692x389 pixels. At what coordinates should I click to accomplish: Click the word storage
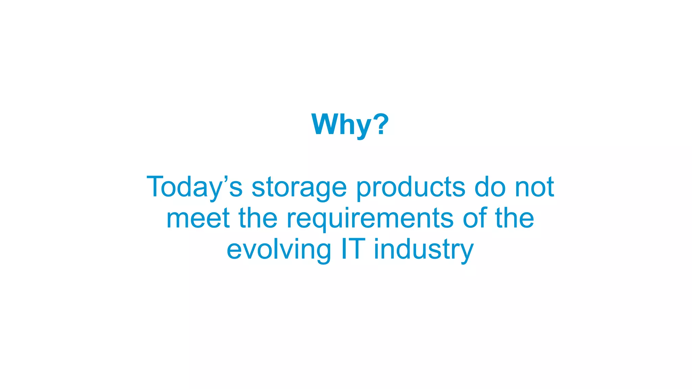299,187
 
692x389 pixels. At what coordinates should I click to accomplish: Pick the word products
411,187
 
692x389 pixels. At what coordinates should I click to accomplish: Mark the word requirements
370,219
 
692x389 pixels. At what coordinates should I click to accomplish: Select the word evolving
279,250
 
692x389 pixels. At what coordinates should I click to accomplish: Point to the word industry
424,250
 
